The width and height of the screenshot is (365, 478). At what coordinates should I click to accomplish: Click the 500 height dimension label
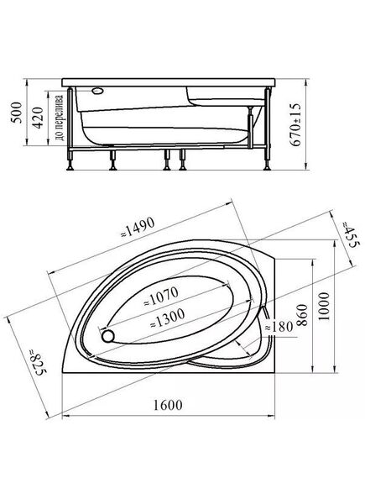pos(18,113)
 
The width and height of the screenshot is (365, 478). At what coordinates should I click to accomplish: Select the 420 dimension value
pos(38,118)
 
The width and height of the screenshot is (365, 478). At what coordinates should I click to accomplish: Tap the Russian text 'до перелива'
pos(60,118)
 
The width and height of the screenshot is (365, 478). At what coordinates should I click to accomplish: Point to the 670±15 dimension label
pos(295,124)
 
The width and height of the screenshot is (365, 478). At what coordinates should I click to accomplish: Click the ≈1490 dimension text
pos(138,228)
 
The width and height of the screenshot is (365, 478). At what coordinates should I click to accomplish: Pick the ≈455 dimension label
pos(347,234)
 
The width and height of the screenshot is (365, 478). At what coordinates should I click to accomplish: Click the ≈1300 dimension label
pos(168,318)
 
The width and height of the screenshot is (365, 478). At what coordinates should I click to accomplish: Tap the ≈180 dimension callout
pos(279,327)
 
